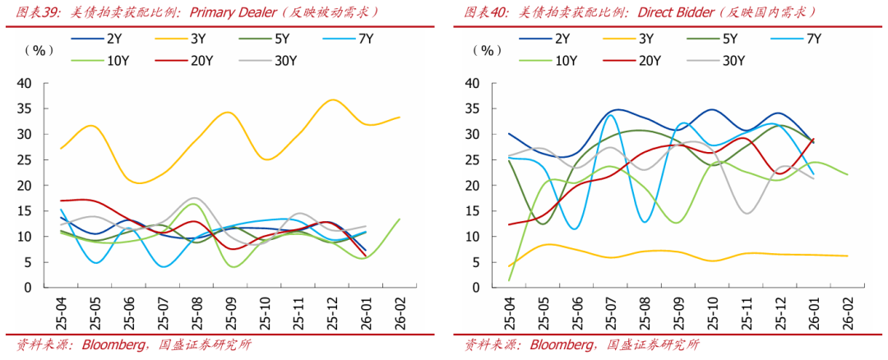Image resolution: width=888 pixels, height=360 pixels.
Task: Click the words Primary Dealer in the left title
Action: pyautogui.click(x=238, y=12)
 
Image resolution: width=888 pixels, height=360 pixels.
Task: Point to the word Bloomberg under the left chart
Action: pyautogui.click(x=109, y=344)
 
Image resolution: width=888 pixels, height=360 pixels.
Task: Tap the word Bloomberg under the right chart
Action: pyautogui.click(x=562, y=344)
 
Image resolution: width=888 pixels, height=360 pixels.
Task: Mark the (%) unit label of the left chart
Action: pyautogui.click(x=39, y=51)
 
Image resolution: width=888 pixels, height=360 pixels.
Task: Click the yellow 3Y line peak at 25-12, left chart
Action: pyautogui.click(x=331, y=100)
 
